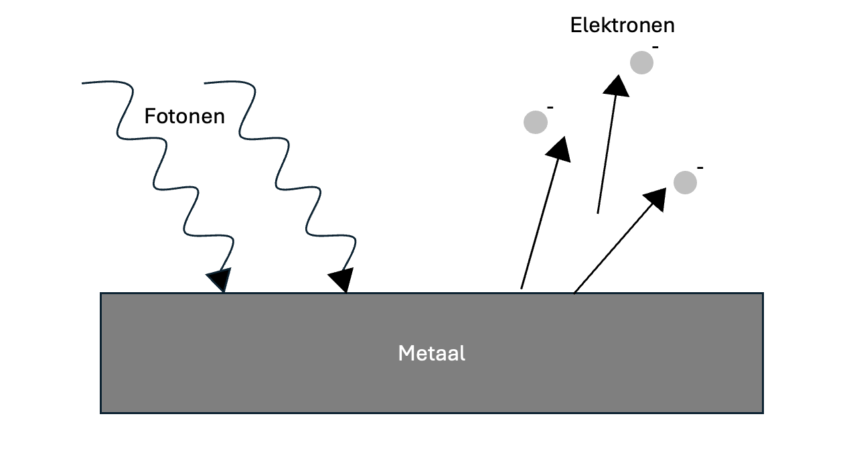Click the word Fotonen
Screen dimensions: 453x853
184,117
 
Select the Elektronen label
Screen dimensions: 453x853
622,25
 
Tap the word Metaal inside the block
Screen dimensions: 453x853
431,352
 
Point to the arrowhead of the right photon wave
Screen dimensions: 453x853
342,279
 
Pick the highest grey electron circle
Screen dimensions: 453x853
641,62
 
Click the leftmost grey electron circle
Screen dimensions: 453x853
535,122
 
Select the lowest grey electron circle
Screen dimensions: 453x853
685,182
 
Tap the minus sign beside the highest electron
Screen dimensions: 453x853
655,47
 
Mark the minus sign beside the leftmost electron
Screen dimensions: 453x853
550,107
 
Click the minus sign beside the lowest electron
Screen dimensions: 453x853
700,167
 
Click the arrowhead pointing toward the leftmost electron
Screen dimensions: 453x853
559,149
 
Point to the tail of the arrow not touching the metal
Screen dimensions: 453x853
598,213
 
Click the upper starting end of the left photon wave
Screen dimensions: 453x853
83,83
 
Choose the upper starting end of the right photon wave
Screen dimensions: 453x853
205,83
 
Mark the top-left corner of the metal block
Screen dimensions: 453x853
101,294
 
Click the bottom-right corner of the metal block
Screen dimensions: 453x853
763,412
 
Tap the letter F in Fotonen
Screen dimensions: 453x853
149,117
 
